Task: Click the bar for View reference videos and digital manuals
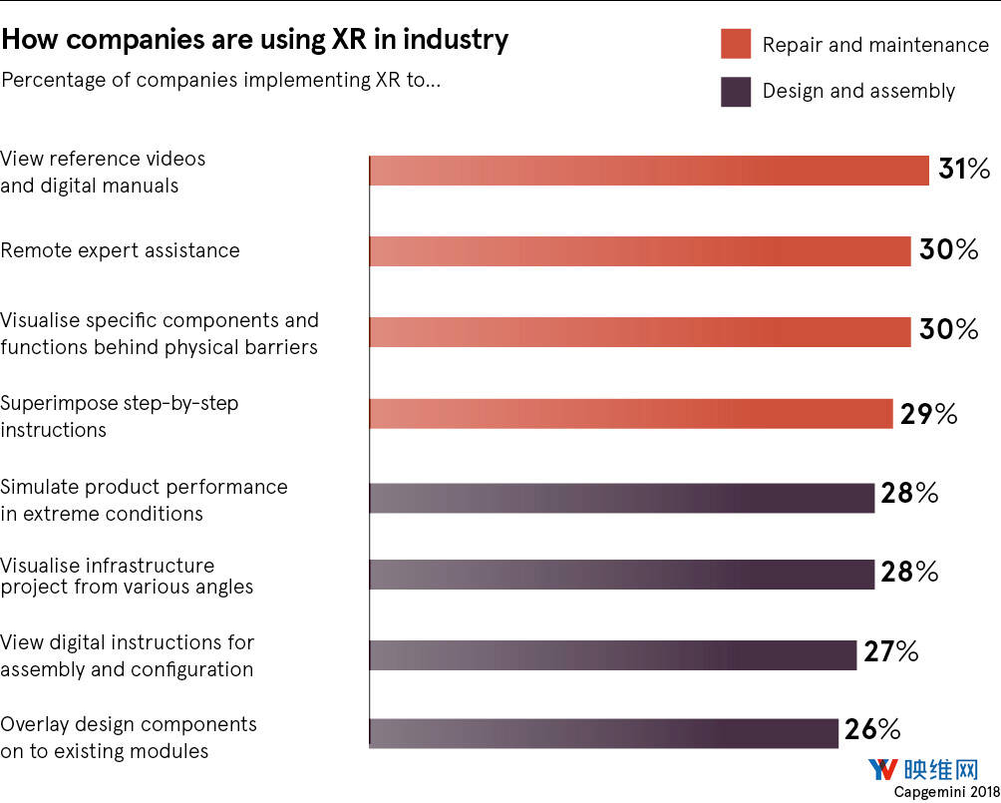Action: [649, 171]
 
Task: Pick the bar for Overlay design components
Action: [604, 733]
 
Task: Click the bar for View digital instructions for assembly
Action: [613, 654]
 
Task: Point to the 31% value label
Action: [963, 170]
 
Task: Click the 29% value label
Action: [928, 414]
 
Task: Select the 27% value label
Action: [890, 653]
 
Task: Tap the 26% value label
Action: [871, 730]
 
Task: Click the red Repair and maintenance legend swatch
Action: [736, 45]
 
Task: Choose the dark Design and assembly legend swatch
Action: [736, 92]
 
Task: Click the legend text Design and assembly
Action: [858, 92]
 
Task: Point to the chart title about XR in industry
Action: [254, 39]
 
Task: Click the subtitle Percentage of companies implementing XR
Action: [220, 80]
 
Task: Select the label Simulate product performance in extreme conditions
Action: [144, 500]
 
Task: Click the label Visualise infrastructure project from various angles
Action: [127, 577]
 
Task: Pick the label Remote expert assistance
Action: [120, 250]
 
